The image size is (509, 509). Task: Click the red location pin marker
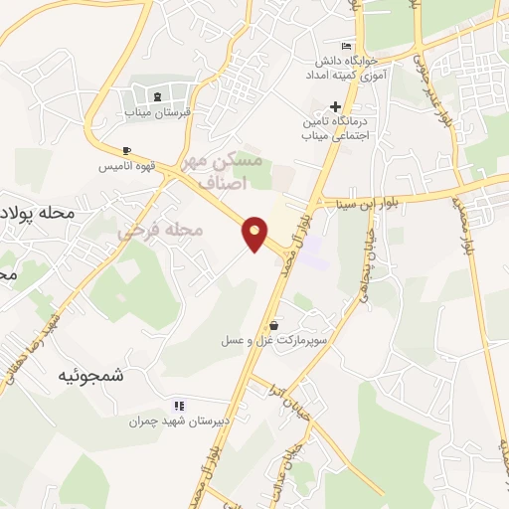(255, 234)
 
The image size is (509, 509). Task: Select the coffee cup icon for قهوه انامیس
(125, 150)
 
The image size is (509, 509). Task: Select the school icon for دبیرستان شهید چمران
(179, 405)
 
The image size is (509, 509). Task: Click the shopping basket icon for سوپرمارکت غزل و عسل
(273, 324)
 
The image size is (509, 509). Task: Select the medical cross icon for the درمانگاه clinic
(335, 106)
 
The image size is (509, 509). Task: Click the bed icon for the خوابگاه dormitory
(346, 47)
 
